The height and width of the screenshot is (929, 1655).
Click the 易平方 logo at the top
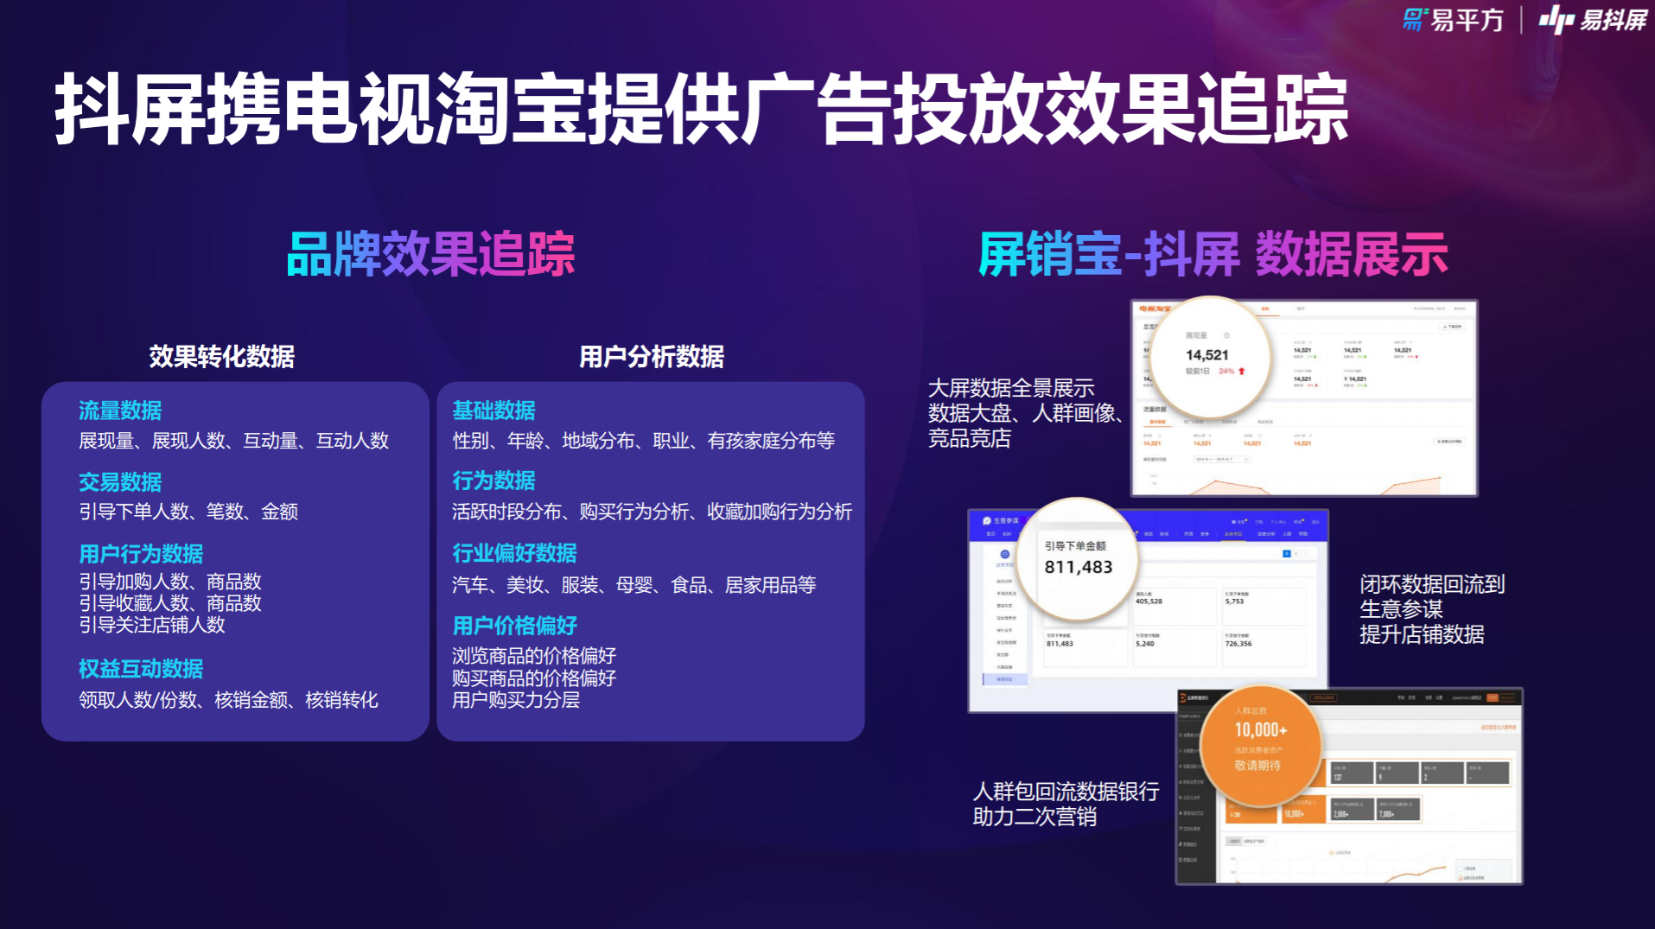coord(1453,20)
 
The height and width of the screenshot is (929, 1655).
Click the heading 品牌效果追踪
coord(430,254)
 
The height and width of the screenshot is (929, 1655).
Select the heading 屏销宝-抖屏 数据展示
coord(1213,254)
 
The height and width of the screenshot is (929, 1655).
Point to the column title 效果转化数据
coord(221,356)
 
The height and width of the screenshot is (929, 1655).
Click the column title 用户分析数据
coord(652,356)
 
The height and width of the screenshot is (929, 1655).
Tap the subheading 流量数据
coord(120,410)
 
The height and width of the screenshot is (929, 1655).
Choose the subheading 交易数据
coord(120,481)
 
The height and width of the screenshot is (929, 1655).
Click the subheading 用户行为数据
coord(141,553)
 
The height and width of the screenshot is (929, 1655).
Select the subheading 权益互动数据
coord(141,668)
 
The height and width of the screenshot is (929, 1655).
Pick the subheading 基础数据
coord(493,410)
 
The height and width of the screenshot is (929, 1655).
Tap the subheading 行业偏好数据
coord(514,553)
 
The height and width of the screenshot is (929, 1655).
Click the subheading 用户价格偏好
coord(514,625)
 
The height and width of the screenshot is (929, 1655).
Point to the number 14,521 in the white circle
coord(1206,355)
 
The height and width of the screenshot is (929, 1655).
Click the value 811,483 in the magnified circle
coord(1078,567)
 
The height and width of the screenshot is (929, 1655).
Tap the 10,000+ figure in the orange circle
coord(1260,730)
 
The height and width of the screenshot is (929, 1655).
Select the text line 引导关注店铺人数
coord(152,625)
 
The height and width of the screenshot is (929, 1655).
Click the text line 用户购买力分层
coord(516,700)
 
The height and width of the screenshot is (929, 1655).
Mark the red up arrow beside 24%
coord(1242,372)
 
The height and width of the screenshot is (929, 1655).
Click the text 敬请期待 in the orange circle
coord(1257,766)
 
